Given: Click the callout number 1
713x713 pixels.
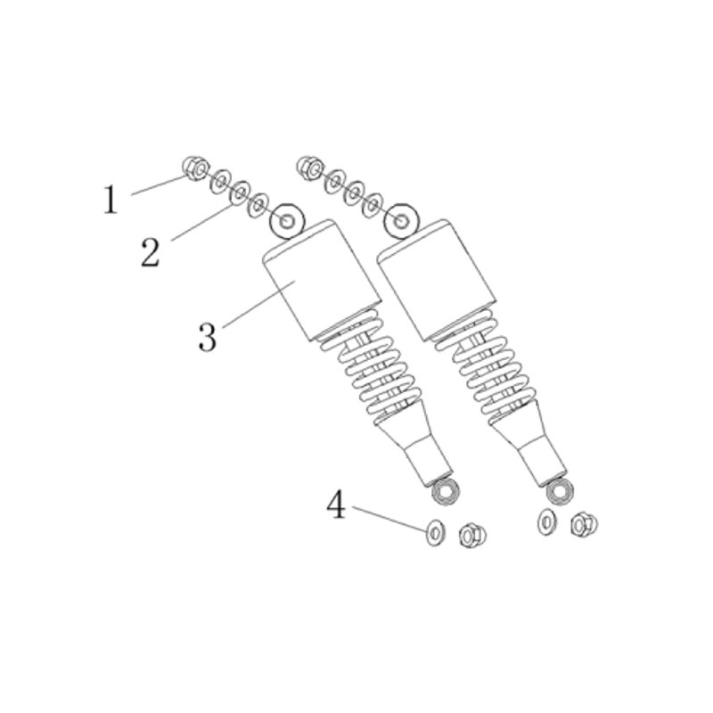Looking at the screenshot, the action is click(110, 200).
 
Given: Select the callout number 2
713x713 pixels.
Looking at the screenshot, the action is click(151, 252).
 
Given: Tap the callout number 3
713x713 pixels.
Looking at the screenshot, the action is click(208, 337).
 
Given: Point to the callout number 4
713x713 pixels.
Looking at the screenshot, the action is click(336, 504).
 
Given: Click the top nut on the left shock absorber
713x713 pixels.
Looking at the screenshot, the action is click(195, 168).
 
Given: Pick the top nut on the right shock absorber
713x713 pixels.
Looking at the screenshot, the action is click(309, 168).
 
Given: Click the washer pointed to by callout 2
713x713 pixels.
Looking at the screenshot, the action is click(240, 193).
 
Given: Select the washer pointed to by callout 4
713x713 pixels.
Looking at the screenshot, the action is click(436, 532).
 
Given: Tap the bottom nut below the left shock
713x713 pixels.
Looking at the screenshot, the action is click(472, 536).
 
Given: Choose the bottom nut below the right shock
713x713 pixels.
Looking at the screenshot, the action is click(584, 524).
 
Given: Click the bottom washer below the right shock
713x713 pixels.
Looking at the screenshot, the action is click(546, 522).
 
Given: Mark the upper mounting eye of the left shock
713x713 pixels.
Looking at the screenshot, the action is click(287, 221).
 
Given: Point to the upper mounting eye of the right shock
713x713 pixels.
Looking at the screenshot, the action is click(400, 221).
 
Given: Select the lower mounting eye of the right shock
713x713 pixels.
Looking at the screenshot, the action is click(560, 490).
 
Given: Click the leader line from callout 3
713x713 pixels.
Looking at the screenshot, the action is click(259, 304).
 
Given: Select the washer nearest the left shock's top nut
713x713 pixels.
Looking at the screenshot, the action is click(220, 181).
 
